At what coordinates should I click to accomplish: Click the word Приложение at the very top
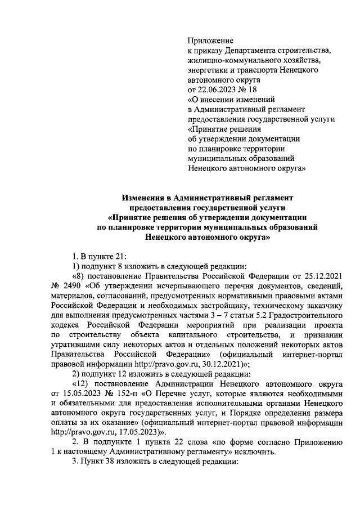210,41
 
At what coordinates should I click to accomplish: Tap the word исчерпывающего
165,286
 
